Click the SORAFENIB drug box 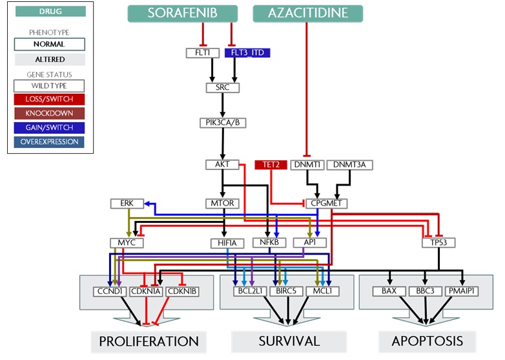coord(183,14)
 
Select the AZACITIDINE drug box coord(307,14)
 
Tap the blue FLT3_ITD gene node coord(247,52)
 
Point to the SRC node coord(223,87)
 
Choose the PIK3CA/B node coord(223,122)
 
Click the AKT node coord(223,165)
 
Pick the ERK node coord(127,204)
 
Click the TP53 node coord(438,243)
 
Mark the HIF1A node coord(227,243)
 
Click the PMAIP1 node coord(462,291)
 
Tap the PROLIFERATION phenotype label coord(149,341)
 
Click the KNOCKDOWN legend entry coord(49,113)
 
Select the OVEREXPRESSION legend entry coord(49,142)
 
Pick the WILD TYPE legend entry coord(49,85)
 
